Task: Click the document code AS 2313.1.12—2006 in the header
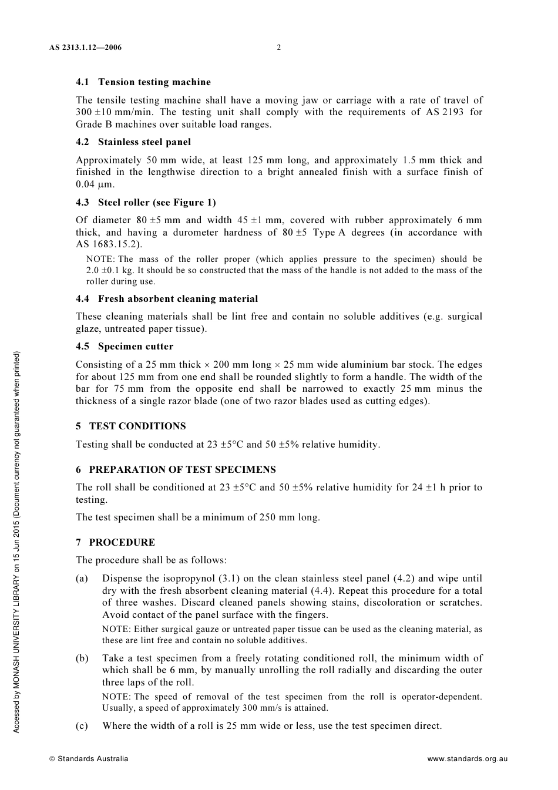[x=86, y=48]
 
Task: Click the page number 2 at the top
[x=279, y=48]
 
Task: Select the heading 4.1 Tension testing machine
[x=143, y=82]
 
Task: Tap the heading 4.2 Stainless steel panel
[x=133, y=142]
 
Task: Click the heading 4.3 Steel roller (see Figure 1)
[x=146, y=203]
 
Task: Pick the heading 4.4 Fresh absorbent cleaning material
[x=167, y=299]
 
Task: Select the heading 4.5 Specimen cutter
[x=125, y=347]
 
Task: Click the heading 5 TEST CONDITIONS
[x=130, y=426]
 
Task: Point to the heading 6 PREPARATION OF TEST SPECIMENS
[x=176, y=469]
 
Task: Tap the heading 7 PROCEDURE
[x=115, y=542]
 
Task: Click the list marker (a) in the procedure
[x=82, y=579]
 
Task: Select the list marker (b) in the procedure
[x=82, y=658]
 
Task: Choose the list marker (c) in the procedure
[x=82, y=726]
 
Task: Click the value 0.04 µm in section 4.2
[x=95, y=184]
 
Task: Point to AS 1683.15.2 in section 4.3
[x=108, y=244]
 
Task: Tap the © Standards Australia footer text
[x=89, y=759]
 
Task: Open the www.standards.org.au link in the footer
[x=467, y=759]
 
